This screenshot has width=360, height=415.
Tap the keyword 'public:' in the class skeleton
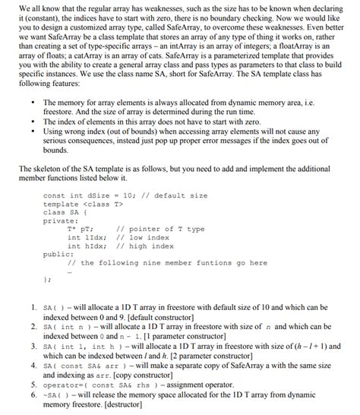[x=59, y=255]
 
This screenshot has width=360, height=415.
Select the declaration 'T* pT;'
[x=81, y=230]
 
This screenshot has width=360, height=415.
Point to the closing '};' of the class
[x=47, y=280]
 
